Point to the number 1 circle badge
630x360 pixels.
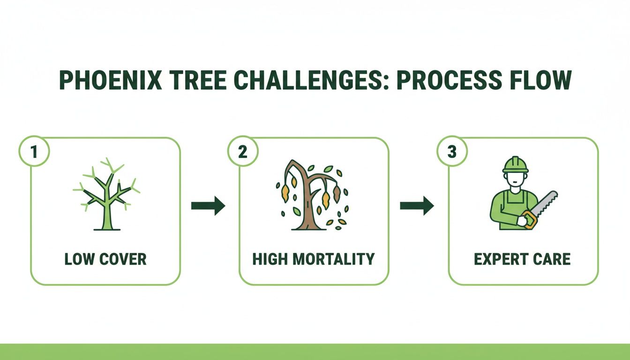pos(33,153)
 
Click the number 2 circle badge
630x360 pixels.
pos(242,153)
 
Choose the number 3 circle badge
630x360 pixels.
pos(451,153)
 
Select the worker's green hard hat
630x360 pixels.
pos(515,165)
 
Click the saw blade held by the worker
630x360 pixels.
pos(544,203)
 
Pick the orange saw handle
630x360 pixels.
pos(529,219)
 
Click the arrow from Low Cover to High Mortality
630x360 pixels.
pos(208,206)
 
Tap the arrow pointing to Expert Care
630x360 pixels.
pos(417,206)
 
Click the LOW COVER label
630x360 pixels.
pos(105,259)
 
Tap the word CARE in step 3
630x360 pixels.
pos(553,259)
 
